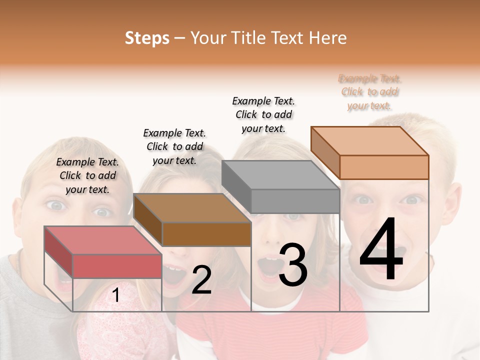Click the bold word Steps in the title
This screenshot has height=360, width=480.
point(146,38)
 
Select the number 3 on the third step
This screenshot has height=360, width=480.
point(293,265)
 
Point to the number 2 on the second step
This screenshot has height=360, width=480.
point(201,280)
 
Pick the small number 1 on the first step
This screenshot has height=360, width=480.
point(115,295)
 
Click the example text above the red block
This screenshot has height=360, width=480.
point(87,175)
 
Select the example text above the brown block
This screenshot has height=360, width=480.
point(174,146)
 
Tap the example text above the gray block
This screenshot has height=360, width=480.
point(263,114)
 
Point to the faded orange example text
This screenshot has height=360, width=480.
point(369,92)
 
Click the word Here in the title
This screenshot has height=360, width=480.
point(328,38)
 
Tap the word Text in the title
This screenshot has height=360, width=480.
point(289,38)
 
